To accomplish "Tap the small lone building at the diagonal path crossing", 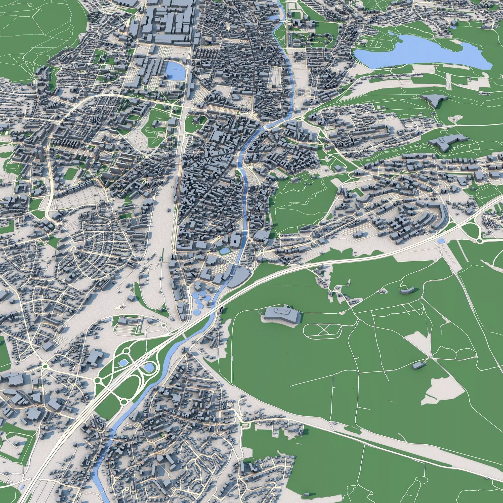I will tap(417, 365).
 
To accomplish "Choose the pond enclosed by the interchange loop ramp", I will tap(149, 367).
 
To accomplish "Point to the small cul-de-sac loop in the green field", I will tap(454, 119).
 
